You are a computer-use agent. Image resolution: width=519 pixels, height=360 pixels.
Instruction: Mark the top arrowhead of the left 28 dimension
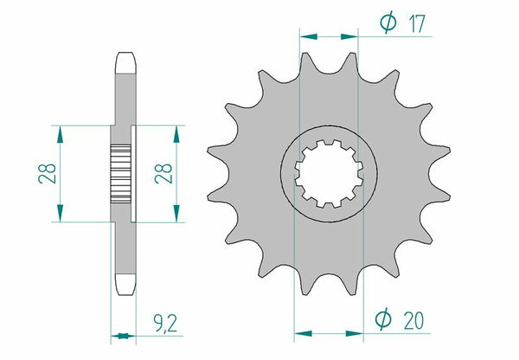click(x=61, y=131)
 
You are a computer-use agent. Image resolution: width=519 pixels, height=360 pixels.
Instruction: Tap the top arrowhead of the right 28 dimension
click(x=177, y=131)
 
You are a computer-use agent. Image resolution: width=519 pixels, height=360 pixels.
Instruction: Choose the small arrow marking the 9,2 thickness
click(x=124, y=335)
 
